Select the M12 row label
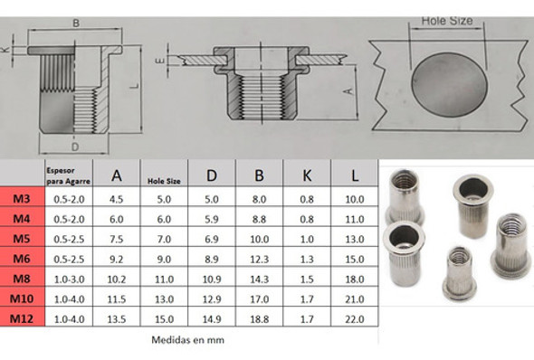pos(20,317)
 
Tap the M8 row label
pos(20,278)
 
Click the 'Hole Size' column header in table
pos(164,181)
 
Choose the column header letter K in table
pos(307,175)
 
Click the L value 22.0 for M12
pos(355,317)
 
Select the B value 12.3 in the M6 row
pos(259,259)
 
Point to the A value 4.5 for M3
pos(116,199)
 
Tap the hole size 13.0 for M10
pos(164,298)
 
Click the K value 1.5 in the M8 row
pos(307,279)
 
